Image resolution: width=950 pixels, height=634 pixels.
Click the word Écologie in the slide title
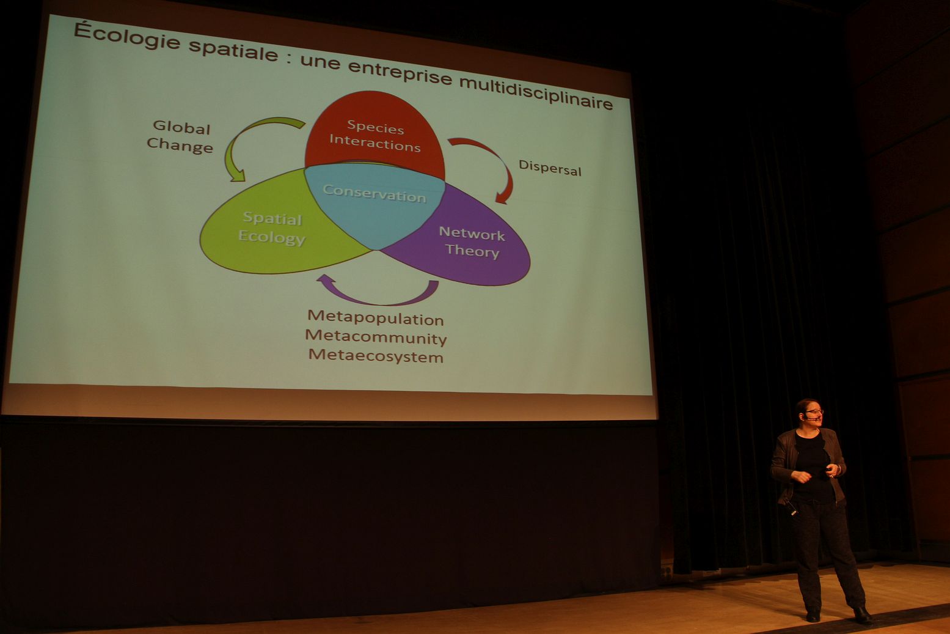[127, 37]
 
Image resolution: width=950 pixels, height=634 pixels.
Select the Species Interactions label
[375, 136]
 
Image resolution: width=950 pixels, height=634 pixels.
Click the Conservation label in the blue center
[374, 194]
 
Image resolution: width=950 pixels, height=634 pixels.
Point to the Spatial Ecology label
[271, 228]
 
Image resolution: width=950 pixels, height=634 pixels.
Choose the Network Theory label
[472, 242]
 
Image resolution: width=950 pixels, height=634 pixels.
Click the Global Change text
[180, 137]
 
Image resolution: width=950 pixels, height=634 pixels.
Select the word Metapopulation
[375, 319]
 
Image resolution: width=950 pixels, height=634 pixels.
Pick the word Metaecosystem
[376, 356]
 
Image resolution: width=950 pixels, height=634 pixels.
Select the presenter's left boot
[862, 615]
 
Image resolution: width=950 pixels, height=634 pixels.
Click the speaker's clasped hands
[816, 474]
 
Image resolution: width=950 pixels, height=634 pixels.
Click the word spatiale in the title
[233, 51]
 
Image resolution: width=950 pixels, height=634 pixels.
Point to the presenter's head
[809, 413]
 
